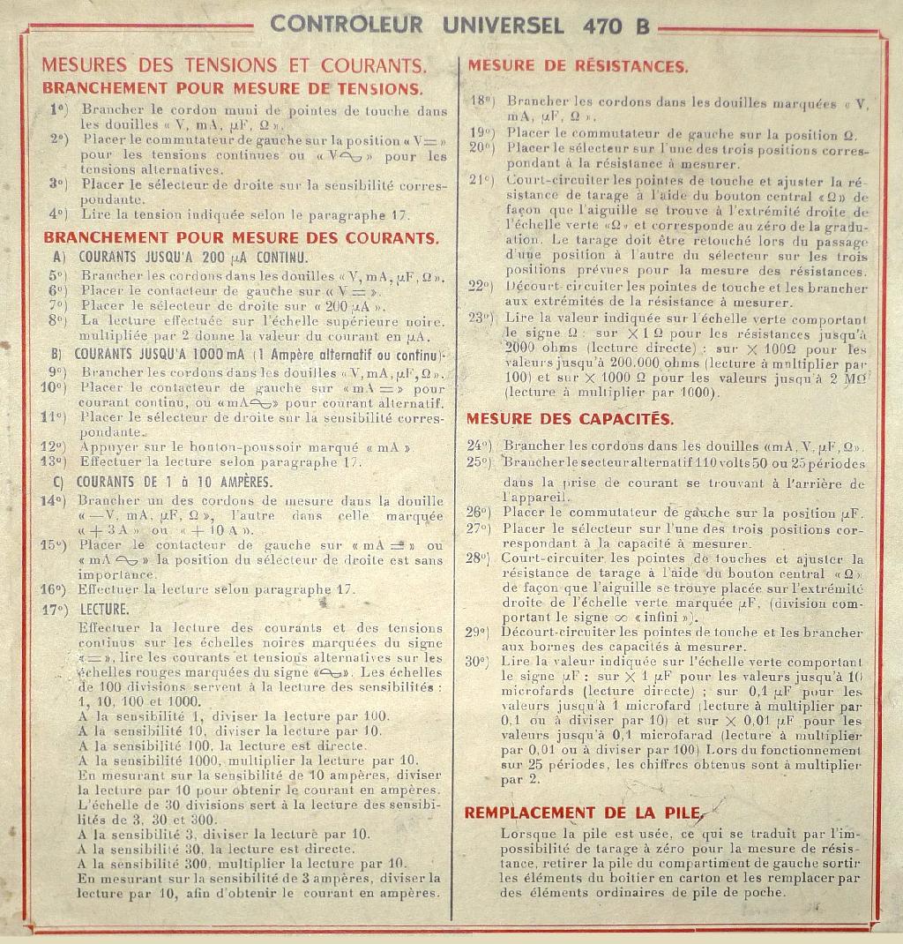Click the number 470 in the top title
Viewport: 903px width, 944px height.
point(602,25)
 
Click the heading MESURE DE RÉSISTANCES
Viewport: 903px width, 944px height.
point(578,66)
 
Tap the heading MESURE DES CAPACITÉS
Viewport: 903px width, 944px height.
point(569,419)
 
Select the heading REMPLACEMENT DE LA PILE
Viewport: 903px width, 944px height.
point(583,813)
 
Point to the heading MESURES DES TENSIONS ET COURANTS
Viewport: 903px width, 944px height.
point(234,66)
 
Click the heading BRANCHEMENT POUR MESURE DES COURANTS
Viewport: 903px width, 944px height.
point(240,238)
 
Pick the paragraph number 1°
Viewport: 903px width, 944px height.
point(58,110)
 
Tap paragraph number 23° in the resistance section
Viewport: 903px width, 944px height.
point(481,318)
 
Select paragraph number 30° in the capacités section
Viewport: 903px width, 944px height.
point(477,661)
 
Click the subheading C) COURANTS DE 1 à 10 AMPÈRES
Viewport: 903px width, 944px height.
point(162,482)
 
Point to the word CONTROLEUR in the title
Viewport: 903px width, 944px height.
point(347,25)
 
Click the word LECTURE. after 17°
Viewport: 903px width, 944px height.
point(104,609)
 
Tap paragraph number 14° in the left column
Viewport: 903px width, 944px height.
point(54,501)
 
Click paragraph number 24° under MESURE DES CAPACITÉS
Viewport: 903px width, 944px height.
point(478,446)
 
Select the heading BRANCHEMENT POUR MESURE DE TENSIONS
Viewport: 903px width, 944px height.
point(232,88)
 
